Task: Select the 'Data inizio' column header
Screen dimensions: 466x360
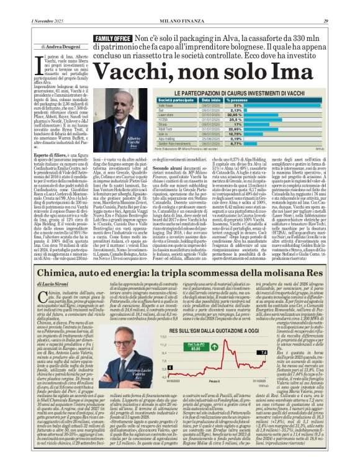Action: (x=211, y=99)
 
